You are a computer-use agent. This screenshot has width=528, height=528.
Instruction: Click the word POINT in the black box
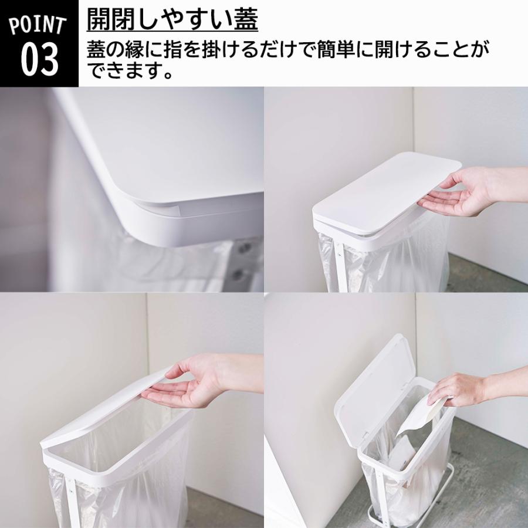[x=38, y=25]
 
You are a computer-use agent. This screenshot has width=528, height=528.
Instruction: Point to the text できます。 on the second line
[x=131, y=73]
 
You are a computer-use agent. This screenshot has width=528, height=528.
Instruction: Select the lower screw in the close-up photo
[x=238, y=273]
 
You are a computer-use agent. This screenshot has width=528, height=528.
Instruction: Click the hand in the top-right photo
[x=463, y=191]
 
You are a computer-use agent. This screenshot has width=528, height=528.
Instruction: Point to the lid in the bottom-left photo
[x=111, y=411]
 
